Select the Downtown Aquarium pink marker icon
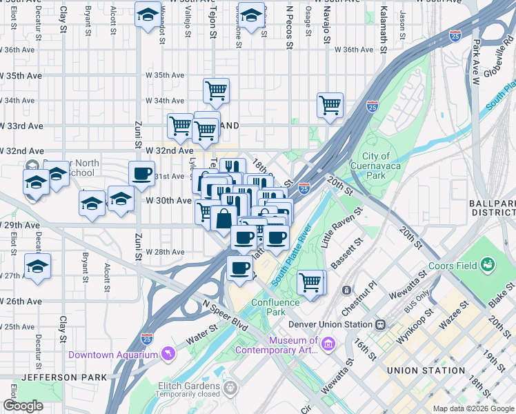tap(166, 355)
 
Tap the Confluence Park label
tap(276, 307)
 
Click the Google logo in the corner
tap(23, 406)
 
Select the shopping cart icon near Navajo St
tap(330, 106)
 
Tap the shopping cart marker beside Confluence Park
tap(311, 282)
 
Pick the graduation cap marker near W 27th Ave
tap(37, 266)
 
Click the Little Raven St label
tap(340, 227)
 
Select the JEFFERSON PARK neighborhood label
tap(64, 377)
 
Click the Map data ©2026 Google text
tap(473, 408)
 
